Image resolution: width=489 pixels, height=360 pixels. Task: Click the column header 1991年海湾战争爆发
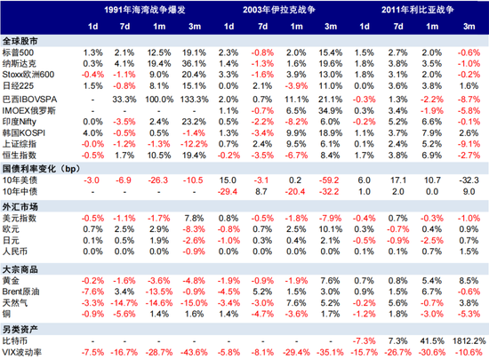(x=144, y=9)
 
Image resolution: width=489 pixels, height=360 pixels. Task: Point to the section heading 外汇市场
(x=20, y=206)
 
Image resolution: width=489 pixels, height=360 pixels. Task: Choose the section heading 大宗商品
(x=20, y=267)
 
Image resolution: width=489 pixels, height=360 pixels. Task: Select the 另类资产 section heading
(x=20, y=327)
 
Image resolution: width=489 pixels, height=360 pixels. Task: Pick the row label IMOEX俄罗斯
(x=28, y=110)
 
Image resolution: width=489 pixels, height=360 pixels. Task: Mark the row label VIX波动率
(x=23, y=352)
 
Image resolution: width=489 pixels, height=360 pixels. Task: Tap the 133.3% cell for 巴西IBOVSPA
(x=194, y=99)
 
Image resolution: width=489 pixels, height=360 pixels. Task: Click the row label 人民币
(x=17, y=252)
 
